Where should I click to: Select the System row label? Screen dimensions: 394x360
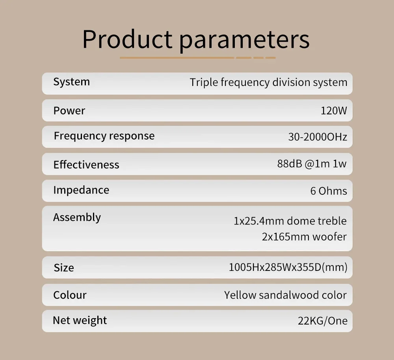point(72,82)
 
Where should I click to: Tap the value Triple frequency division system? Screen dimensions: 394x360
point(268,82)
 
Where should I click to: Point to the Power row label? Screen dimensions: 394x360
point(69,111)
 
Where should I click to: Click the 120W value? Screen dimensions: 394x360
point(334,111)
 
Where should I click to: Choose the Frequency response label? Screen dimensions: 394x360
point(104,136)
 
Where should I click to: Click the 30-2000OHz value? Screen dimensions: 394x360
point(318,137)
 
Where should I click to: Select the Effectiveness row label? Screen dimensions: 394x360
point(86,165)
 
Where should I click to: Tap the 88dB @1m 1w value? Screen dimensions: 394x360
point(312,164)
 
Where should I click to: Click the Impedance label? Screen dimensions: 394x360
point(81,190)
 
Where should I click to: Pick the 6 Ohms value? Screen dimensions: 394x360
point(329,191)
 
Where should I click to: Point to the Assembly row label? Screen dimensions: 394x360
point(77,217)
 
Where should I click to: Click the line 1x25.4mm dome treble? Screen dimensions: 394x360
point(290,221)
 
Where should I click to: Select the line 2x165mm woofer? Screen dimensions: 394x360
point(304,237)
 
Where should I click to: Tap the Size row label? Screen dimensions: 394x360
point(64,268)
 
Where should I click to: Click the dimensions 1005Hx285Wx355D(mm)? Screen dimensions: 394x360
point(288,267)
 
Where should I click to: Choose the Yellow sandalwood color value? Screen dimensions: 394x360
point(285,295)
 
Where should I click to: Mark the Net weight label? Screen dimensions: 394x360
point(80,321)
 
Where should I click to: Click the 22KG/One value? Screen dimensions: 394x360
point(323,321)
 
